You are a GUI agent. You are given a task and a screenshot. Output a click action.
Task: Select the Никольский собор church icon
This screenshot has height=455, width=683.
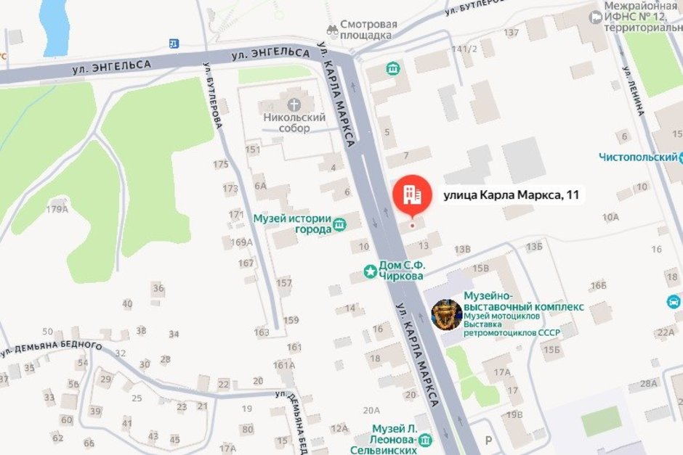pos(295,104)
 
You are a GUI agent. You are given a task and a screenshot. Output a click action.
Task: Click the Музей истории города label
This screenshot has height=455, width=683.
pos(292,224)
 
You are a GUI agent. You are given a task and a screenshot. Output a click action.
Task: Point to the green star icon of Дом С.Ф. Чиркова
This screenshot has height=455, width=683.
pos(371,272)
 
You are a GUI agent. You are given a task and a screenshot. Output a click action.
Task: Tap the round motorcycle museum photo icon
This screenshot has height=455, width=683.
pos(446,315)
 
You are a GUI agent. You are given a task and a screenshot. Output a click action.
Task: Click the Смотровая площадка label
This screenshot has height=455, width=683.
pos(369,30)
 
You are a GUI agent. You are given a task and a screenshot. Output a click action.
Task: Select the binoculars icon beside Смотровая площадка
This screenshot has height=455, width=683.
pos(332,30)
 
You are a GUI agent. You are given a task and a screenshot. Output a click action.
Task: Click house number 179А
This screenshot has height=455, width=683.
pos(57,210)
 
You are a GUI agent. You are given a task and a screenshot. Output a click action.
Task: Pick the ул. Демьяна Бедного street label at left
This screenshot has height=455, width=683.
pos(51,348)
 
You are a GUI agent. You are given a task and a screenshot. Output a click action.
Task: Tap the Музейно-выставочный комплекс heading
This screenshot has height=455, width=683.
pos(523,301)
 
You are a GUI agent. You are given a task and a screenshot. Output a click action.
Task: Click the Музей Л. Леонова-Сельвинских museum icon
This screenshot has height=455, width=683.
pos(425,439)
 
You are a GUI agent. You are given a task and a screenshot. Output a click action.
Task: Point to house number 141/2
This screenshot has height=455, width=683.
pos(464,49)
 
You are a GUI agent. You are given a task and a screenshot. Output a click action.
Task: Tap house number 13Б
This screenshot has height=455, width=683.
pos(534,247)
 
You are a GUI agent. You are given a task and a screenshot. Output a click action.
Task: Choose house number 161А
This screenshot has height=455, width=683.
pos(284,365)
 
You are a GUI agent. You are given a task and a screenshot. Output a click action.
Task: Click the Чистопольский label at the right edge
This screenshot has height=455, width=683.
pos(637,157)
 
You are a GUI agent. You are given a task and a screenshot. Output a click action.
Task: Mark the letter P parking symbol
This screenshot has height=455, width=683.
pos(488,440)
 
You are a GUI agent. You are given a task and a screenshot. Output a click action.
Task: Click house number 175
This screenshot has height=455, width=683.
pos(221,165)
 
